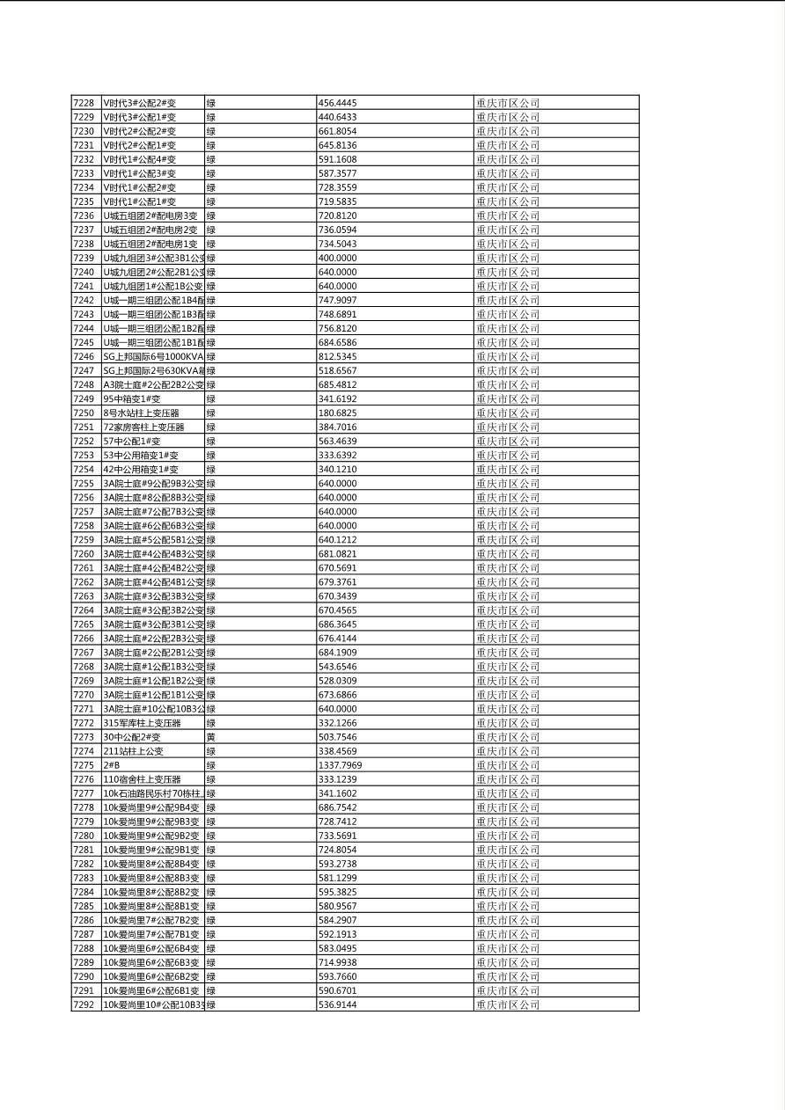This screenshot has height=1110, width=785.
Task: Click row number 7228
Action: click(x=83, y=103)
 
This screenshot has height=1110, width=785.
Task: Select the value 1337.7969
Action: click(x=340, y=765)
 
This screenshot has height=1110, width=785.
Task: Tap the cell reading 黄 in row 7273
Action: click(x=211, y=737)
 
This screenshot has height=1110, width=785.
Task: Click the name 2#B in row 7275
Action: click(x=112, y=765)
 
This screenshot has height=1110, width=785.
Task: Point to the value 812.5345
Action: click(x=337, y=356)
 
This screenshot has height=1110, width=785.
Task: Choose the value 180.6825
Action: click(x=337, y=413)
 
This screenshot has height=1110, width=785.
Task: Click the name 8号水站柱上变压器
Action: click(x=141, y=413)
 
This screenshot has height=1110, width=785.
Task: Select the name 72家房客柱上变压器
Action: click(x=143, y=427)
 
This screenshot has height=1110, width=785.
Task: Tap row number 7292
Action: click(x=83, y=1004)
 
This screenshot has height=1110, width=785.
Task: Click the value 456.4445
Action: click(x=337, y=103)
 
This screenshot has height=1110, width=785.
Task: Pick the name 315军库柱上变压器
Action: click(x=142, y=723)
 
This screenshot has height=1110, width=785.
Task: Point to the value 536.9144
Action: click(x=337, y=1004)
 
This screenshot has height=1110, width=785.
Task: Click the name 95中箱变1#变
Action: click(x=131, y=398)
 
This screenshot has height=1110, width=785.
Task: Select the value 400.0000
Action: click(x=337, y=258)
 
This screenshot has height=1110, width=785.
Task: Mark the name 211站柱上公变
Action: click(x=133, y=751)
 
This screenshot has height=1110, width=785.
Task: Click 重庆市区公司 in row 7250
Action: click(x=508, y=413)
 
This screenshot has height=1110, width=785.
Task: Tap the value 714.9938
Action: click(x=337, y=962)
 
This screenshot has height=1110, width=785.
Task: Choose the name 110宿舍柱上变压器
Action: click(x=142, y=779)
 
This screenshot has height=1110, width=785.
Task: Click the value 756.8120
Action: click(x=337, y=328)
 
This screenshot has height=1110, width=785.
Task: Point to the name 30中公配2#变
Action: click(x=131, y=737)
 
